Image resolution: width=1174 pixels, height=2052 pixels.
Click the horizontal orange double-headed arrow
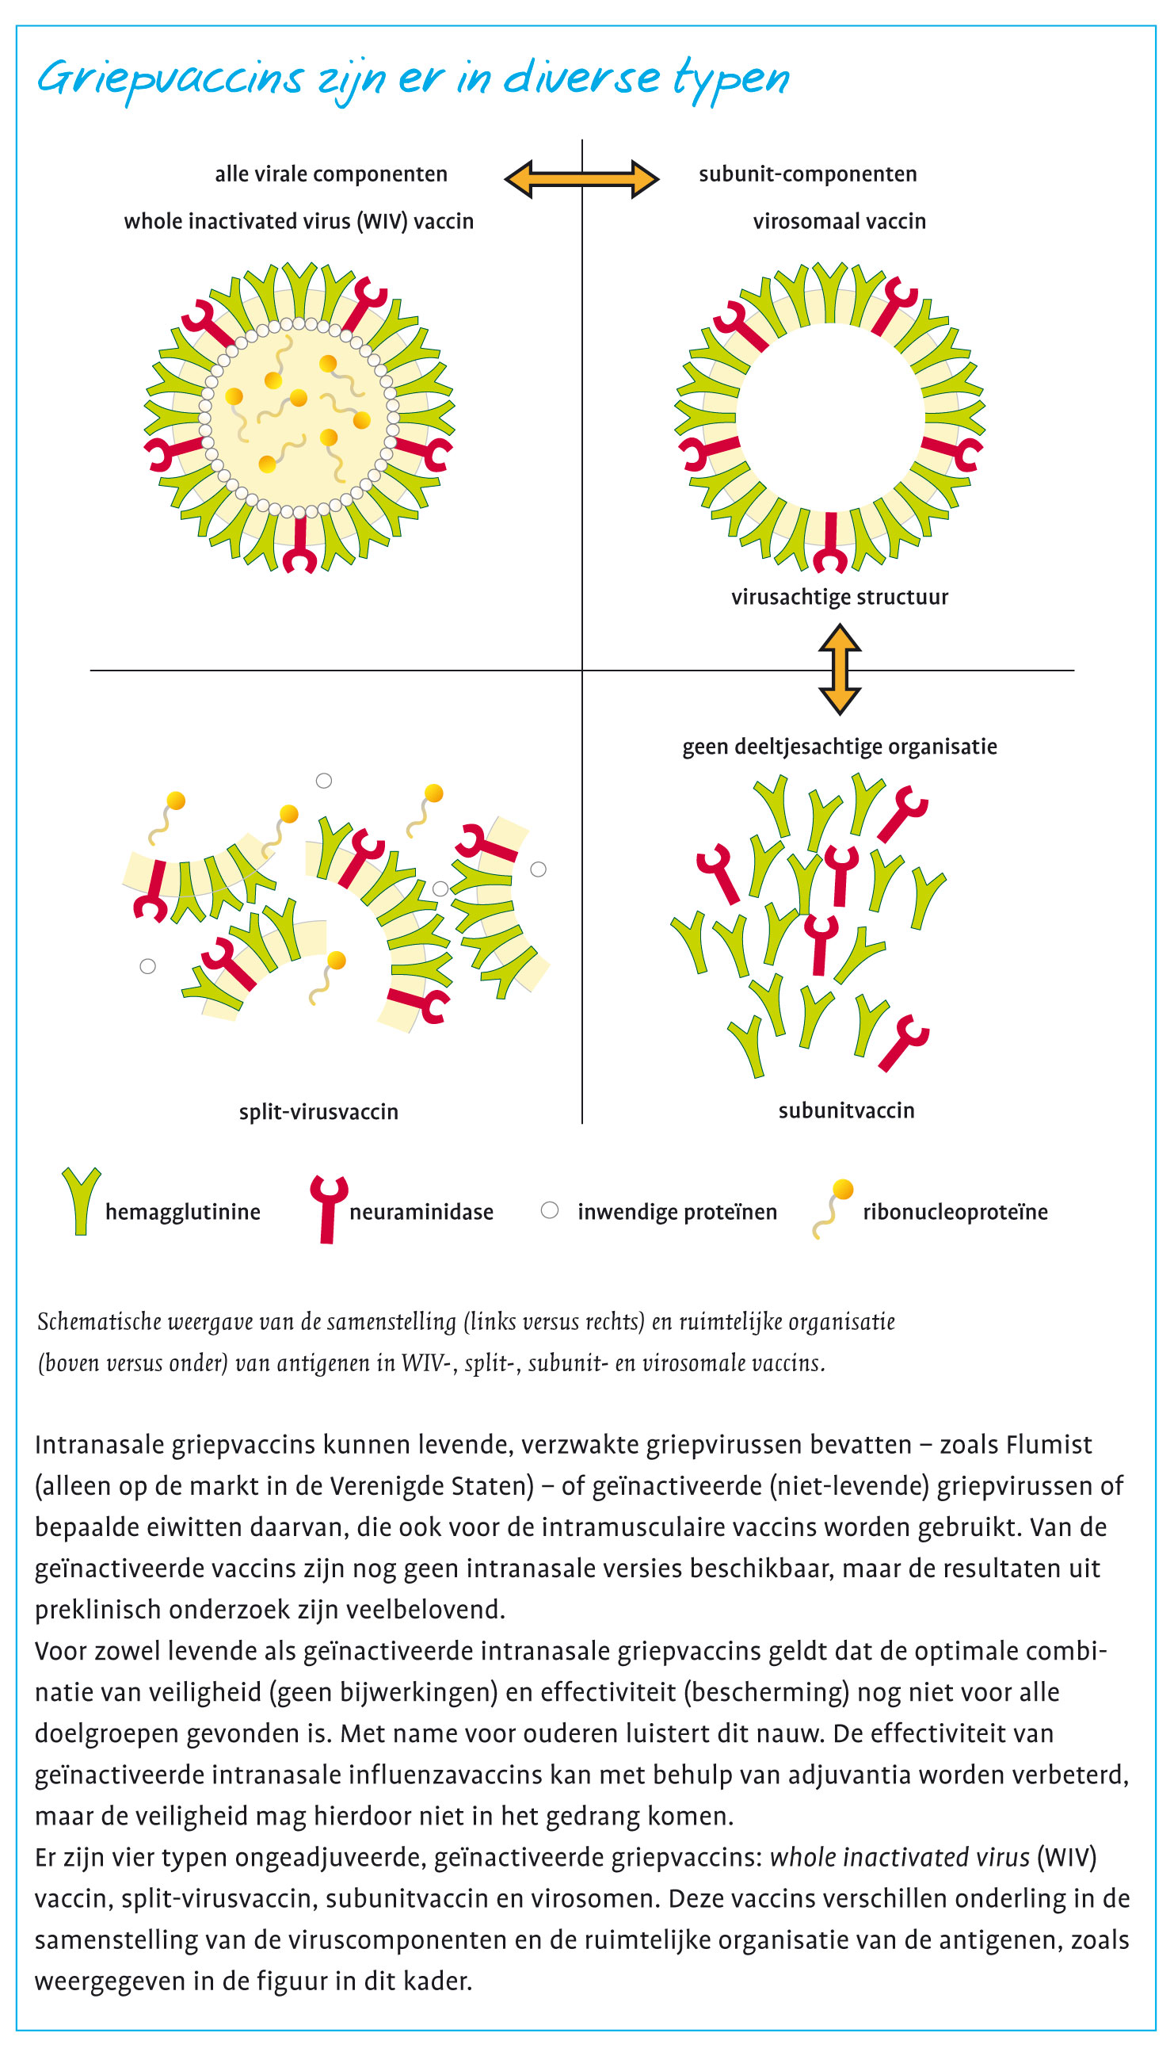[581, 179]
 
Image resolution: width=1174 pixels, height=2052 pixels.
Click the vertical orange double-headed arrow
[840, 669]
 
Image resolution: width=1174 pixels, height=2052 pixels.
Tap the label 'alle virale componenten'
[330, 174]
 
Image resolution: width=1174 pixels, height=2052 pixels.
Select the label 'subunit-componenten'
[807, 174]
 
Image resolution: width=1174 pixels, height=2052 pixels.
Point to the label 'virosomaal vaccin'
[839, 221]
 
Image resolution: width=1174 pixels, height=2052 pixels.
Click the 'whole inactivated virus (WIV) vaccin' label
[299, 221]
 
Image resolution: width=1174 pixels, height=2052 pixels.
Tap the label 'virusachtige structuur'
[839, 597]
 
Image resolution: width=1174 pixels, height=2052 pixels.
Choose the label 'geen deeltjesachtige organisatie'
[839, 746]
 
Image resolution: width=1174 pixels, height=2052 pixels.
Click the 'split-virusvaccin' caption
[318, 1111]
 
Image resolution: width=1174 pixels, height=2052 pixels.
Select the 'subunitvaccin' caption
[846, 1110]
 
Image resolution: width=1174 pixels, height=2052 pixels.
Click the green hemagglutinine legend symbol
[81, 1200]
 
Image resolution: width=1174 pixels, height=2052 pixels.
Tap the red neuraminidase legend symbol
[328, 1208]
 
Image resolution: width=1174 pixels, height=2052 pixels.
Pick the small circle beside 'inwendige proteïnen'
[549, 1210]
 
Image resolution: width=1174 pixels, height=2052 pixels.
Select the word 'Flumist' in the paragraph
[1054, 1444]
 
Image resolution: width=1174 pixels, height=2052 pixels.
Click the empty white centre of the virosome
[829, 417]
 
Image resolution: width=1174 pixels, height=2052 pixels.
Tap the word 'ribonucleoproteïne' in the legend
[955, 1212]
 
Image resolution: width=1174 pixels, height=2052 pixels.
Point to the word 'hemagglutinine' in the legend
[182, 1212]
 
